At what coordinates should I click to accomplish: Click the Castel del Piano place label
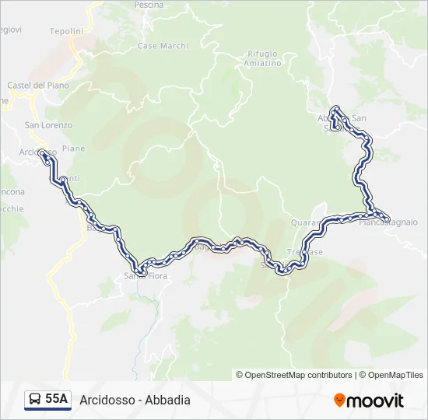click(x=38, y=85)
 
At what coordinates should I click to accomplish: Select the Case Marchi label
click(x=163, y=46)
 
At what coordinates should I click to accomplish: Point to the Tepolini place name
click(x=66, y=31)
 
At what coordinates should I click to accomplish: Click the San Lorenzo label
click(x=48, y=125)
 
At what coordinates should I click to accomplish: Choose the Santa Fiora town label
click(x=146, y=275)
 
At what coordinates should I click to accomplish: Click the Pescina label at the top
click(x=149, y=5)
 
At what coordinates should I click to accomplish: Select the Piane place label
click(x=73, y=149)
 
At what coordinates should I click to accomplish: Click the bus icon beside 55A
click(x=35, y=400)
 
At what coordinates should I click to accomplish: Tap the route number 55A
click(x=57, y=400)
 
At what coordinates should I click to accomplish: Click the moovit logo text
click(x=375, y=401)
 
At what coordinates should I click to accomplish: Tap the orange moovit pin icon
click(x=339, y=401)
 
